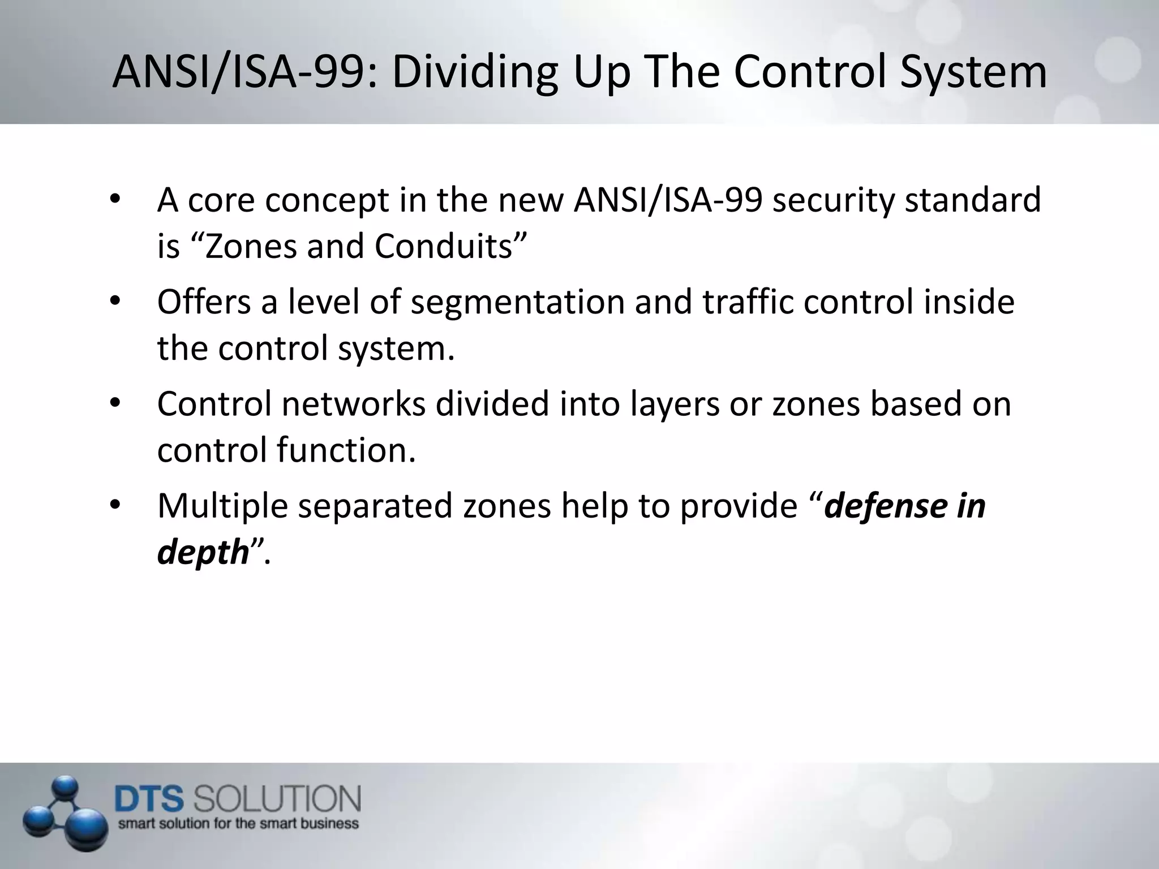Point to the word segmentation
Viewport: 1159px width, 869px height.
click(x=517, y=302)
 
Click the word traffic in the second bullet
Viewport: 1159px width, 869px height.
click(x=748, y=302)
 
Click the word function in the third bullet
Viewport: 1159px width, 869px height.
click(x=346, y=450)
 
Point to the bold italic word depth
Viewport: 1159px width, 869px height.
click(x=203, y=552)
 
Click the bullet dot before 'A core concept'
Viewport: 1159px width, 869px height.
click(x=115, y=200)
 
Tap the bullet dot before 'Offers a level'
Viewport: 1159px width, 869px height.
click(x=115, y=302)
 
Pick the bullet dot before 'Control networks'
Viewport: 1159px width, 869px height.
click(x=115, y=404)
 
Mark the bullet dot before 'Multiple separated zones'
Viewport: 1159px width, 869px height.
click(x=115, y=506)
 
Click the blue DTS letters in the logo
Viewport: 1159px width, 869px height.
click(x=149, y=799)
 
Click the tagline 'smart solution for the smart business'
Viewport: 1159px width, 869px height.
click(x=238, y=823)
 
